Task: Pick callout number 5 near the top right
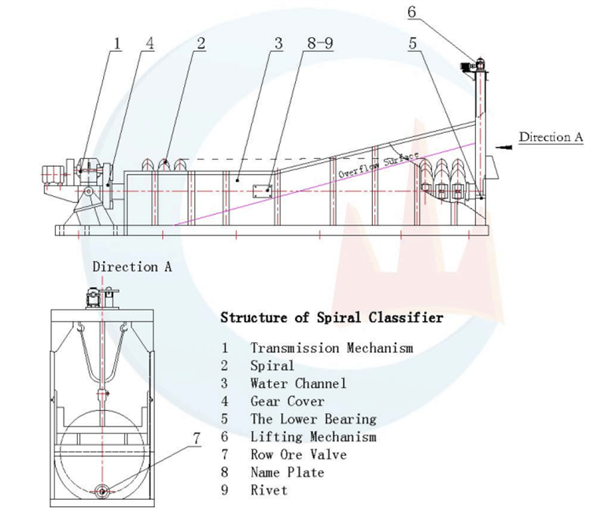click(412, 44)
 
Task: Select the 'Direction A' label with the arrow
click(550, 137)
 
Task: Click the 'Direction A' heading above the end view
click(131, 267)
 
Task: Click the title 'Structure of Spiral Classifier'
click(331, 318)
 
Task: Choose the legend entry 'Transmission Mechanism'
click(331, 347)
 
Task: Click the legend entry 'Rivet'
click(268, 490)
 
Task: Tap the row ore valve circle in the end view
click(103, 491)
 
